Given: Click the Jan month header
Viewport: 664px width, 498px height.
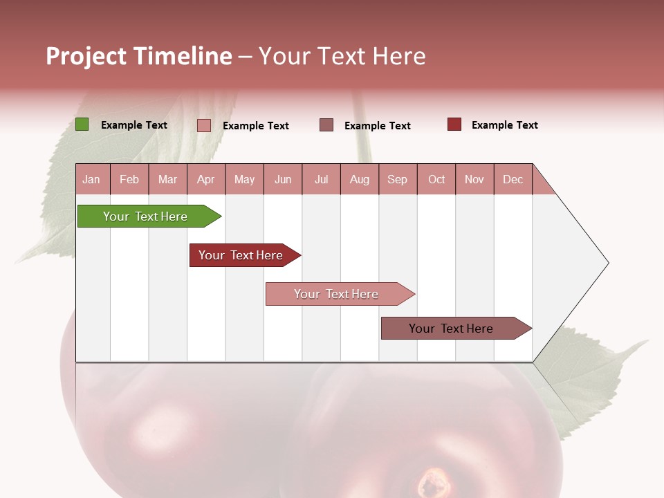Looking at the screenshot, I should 92,179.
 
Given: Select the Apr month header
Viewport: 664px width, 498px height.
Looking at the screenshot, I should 206,179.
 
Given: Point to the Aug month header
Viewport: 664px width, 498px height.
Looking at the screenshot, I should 359,179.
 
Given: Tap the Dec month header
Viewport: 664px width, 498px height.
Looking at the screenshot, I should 513,179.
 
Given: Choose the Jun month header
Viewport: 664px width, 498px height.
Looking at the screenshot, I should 283,179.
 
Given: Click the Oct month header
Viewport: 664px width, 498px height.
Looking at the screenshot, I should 436,179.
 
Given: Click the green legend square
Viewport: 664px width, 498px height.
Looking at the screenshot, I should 82,124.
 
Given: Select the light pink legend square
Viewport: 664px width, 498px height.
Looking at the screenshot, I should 204,125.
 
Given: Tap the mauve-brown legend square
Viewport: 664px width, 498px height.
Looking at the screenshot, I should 326,125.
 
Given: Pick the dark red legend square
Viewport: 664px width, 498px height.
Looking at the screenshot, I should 454,124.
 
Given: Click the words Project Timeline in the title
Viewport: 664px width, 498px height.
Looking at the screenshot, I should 138,56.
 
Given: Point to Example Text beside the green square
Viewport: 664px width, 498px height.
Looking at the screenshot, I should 134,125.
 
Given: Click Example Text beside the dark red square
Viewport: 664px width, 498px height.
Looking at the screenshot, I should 505,125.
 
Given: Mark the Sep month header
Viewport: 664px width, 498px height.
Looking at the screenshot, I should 398,179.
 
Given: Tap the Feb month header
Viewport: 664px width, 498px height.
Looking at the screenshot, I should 129,179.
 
